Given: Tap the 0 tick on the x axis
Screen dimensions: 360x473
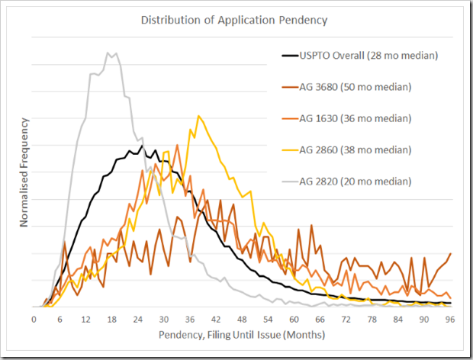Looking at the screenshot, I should coord(34,319).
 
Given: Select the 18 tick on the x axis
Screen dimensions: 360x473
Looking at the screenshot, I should coord(113,319).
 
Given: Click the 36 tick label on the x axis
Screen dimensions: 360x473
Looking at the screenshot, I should coord(191,319).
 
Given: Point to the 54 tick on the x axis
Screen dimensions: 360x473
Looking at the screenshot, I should coord(269,319).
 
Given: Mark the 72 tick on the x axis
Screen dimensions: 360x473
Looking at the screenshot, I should coord(348,319).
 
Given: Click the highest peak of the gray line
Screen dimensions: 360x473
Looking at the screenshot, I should coord(108,53).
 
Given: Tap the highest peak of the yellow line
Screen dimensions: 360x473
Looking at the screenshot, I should coord(198,116).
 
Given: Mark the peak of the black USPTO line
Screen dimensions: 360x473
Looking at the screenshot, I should coord(142,145).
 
